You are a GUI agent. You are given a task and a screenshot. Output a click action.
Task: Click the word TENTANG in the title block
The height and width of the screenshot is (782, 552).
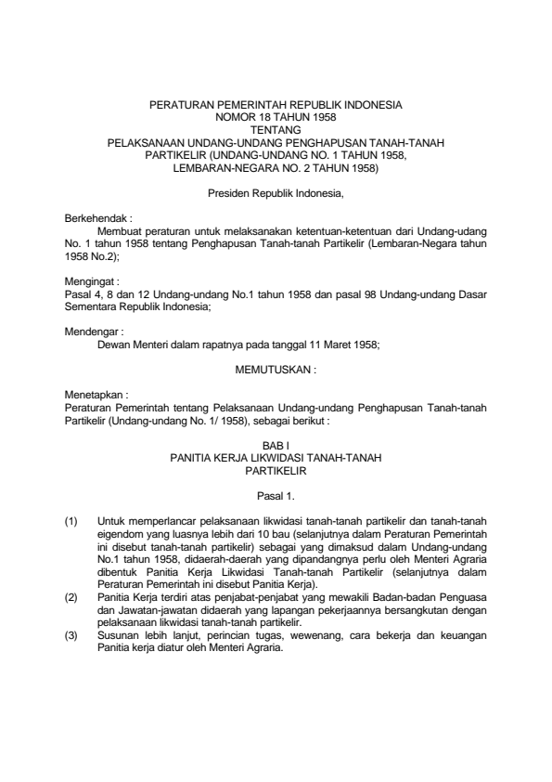tap(276, 131)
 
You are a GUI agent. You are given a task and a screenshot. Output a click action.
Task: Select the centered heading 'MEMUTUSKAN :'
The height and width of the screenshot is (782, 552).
tap(276, 367)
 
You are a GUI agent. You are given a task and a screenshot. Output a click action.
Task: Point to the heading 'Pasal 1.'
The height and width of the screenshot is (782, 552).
tap(276, 496)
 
